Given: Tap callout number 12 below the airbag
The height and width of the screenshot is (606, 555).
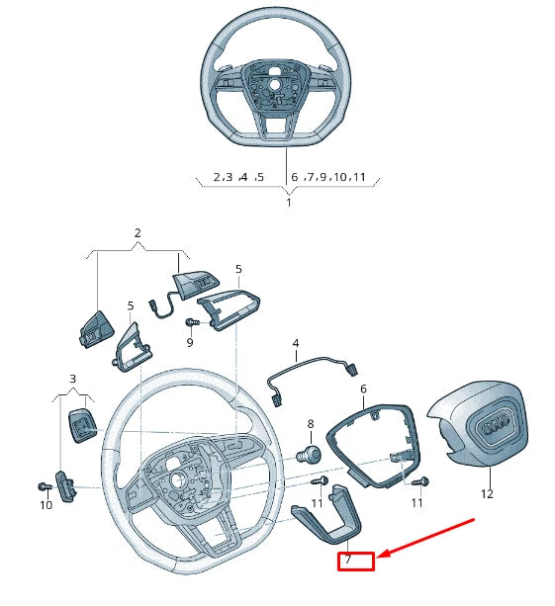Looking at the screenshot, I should (x=486, y=492).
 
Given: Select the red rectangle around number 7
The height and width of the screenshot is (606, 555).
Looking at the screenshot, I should (x=356, y=561).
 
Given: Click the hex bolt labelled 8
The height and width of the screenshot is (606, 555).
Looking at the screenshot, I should (x=309, y=455).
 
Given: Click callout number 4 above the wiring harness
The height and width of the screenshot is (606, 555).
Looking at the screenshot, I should (x=295, y=344).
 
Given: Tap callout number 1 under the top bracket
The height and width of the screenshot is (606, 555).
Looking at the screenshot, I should (x=289, y=203).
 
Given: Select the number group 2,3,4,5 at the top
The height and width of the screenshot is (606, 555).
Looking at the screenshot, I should (x=238, y=178).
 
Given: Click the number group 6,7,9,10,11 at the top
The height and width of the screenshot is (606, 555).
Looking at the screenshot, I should (x=329, y=178).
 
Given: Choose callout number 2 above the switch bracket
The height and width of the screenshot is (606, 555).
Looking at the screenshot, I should (x=138, y=233).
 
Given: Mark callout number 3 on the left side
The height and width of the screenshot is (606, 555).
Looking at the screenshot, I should (x=72, y=379).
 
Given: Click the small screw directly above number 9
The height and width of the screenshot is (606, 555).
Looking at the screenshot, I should (x=192, y=322).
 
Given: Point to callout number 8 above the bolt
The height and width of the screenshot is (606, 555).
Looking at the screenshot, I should (x=310, y=424).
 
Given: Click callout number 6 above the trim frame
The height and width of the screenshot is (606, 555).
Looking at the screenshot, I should (x=363, y=390).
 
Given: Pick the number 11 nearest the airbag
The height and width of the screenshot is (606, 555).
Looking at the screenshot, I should (x=416, y=502).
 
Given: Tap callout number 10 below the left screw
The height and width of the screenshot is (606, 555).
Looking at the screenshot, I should (x=46, y=505).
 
